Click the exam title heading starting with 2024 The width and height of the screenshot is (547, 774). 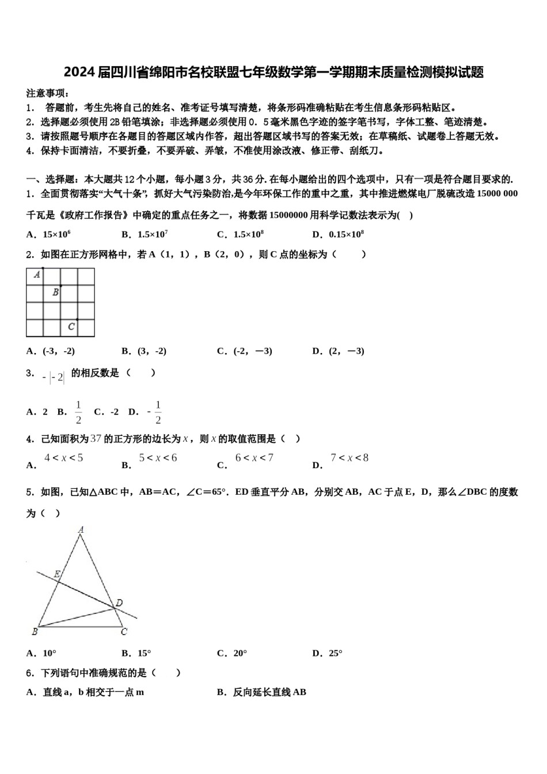coord(273,72)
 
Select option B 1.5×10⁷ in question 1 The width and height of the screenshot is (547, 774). coord(145,234)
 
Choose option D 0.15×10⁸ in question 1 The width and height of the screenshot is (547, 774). coord(338,234)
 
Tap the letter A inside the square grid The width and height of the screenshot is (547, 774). coord(37,275)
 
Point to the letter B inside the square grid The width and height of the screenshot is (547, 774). coord(55,292)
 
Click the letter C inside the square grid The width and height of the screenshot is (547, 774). coord(71,327)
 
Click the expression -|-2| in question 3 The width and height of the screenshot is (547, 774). coord(54,378)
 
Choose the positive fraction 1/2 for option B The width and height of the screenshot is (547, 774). coord(78,412)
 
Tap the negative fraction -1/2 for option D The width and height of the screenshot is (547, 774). coord(154,412)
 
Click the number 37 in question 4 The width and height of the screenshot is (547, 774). coord(96,439)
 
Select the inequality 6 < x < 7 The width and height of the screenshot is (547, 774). coord(254,458)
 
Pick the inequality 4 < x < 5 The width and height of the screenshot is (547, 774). coord(64,458)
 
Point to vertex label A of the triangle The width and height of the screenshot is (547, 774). coord(81,529)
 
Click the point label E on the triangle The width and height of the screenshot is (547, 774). coord(57,574)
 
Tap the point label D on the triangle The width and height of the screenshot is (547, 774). coord(119,603)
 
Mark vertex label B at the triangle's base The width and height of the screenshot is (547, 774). coord(35,632)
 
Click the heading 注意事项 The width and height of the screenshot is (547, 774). coord(47,93)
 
